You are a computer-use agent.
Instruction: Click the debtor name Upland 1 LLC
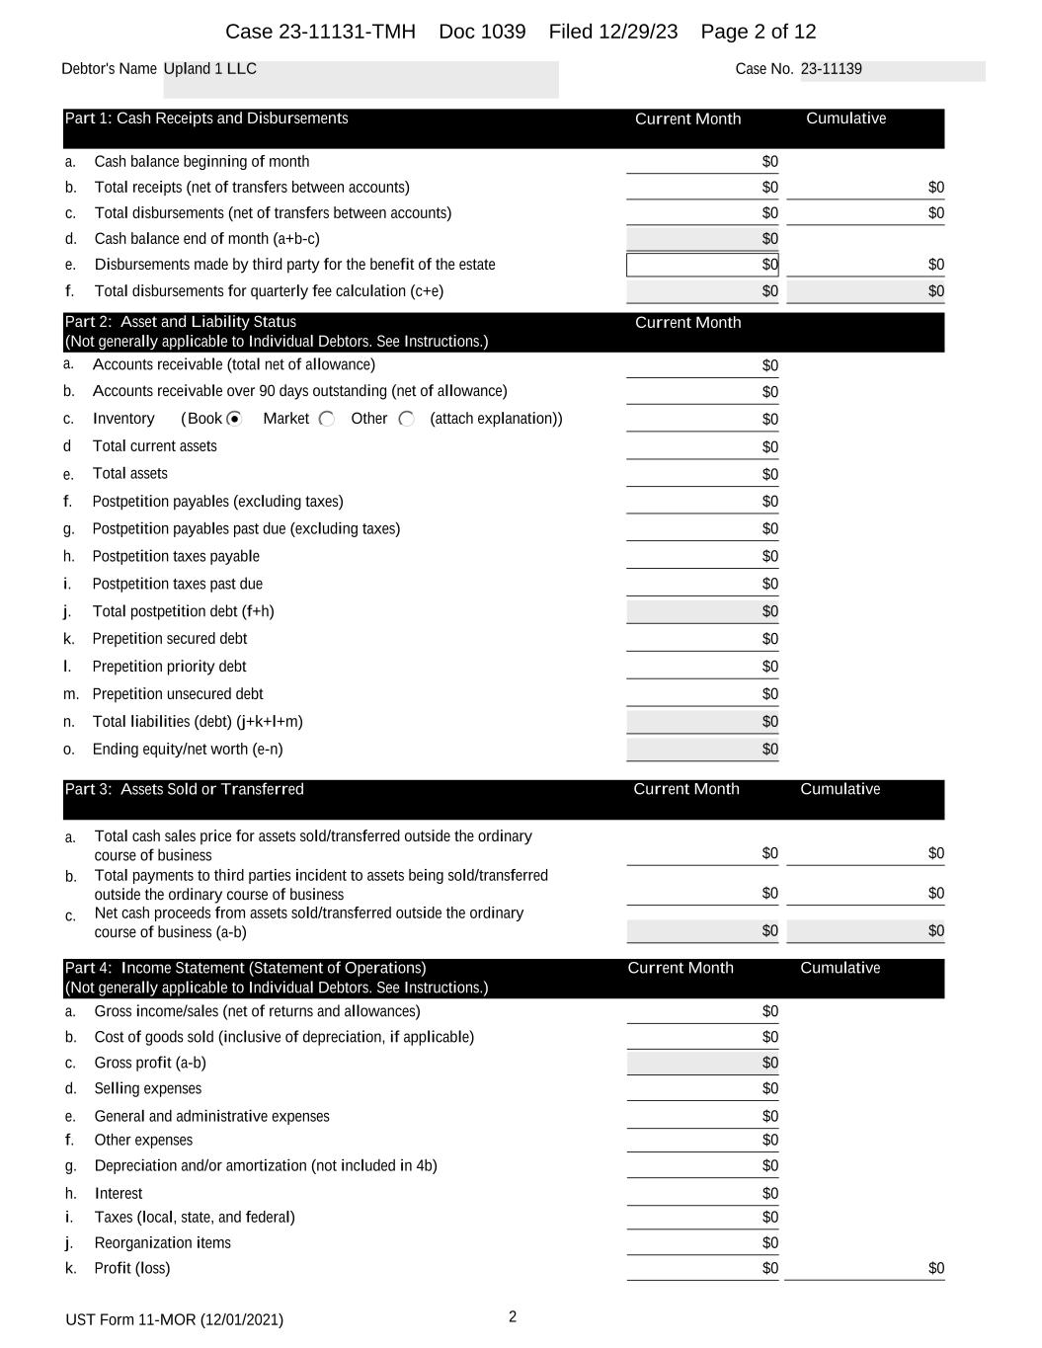pos(210,69)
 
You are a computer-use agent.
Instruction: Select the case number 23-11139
pos(831,69)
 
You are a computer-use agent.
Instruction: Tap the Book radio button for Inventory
pos(234,419)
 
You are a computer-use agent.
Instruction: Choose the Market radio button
pos(327,419)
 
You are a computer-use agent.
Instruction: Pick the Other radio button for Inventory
pos(406,419)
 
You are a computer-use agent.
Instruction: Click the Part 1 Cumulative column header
pos(845,119)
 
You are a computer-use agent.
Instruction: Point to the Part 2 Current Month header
pos(687,322)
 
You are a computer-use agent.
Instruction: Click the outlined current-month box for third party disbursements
pos(702,265)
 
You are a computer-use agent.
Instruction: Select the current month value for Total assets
pos(769,474)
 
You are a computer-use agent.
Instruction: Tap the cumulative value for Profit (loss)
pos(935,1268)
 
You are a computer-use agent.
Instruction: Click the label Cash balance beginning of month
pos(201,162)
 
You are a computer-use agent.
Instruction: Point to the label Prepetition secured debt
pos(170,639)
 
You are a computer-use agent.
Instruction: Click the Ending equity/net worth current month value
pos(769,749)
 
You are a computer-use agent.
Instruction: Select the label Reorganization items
pos(162,1242)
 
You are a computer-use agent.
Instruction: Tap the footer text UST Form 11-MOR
pos(174,1319)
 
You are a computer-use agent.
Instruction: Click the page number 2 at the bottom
pos(513,1316)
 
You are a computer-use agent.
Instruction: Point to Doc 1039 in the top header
pos(482,32)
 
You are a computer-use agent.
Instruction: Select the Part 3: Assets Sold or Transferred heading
pos(185,789)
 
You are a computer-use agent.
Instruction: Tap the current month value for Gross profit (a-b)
pos(769,1063)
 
